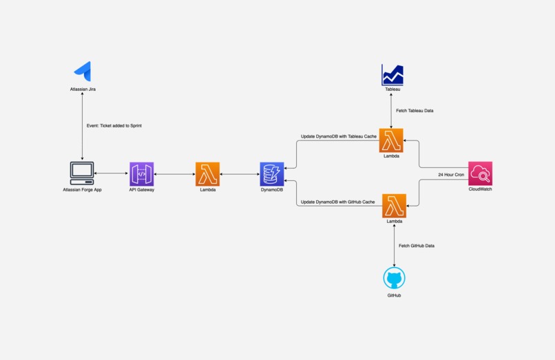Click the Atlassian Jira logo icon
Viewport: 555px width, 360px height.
[x=83, y=71]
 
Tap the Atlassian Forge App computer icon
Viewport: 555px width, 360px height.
[x=82, y=173]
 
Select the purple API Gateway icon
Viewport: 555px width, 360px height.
[x=141, y=173]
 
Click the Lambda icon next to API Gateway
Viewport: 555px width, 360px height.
[x=207, y=173]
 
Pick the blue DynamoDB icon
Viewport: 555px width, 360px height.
[x=271, y=173]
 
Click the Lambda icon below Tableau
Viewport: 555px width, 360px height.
[x=391, y=140]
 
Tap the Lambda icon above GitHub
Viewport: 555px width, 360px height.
[x=394, y=206]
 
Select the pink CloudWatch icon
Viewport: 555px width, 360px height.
[x=480, y=173]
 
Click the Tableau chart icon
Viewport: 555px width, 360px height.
[x=392, y=75]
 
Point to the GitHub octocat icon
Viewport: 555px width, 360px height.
[x=394, y=279]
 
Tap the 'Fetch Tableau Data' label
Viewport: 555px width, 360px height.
[x=415, y=110]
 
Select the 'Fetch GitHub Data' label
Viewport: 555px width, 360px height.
[x=416, y=246]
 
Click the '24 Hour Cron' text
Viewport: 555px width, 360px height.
[x=451, y=175]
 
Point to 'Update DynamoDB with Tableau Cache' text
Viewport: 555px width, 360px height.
[x=339, y=136]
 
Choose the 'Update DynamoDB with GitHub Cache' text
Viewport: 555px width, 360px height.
[x=338, y=202]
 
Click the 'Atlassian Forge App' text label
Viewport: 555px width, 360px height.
[x=82, y=189]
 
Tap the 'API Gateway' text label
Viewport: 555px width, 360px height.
[x=141, y=189]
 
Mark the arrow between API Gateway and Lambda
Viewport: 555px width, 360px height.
[x=174, y=174]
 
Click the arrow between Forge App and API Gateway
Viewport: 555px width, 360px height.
[x=112, y=173]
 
